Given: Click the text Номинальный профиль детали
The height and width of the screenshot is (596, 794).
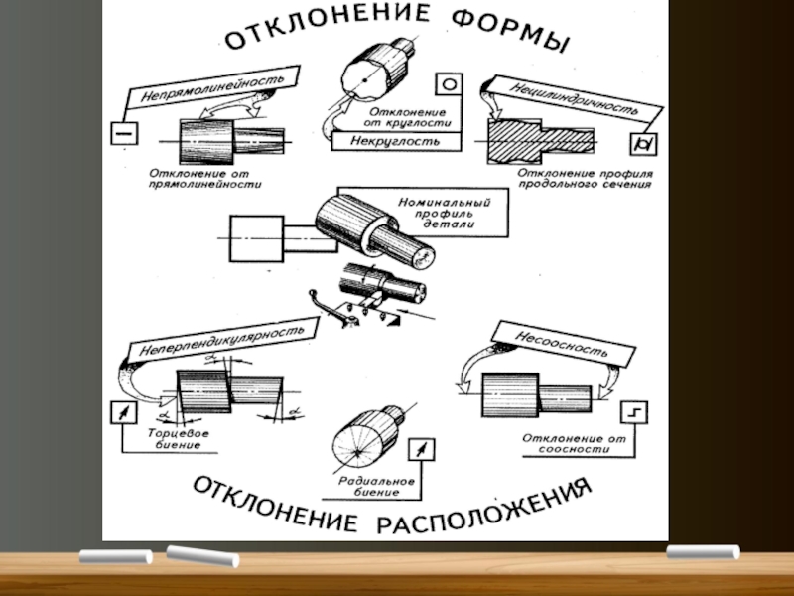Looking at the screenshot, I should tap(442, 212).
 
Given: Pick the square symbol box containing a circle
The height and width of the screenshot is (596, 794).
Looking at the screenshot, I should tap(448, 86).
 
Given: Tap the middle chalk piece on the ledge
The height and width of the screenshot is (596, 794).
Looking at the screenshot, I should tap(202, 556).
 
